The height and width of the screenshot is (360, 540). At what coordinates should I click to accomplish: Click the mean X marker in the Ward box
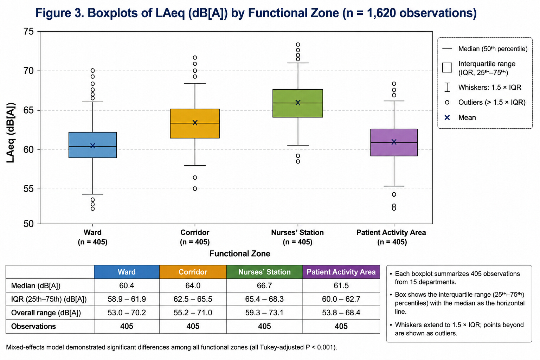(92, 146)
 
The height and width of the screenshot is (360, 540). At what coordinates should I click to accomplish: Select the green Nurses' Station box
(298, 103)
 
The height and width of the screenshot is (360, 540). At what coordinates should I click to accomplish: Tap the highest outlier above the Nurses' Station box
(298, 45)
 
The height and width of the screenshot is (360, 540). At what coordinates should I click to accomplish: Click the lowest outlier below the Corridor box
(195, 188)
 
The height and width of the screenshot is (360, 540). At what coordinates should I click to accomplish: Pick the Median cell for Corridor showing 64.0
(193, 285)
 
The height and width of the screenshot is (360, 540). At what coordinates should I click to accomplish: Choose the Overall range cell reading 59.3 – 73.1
(264, 313)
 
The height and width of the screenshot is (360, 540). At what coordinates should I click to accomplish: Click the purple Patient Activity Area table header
(341, 272)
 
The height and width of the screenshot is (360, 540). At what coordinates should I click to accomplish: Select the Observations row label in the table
(33, 326)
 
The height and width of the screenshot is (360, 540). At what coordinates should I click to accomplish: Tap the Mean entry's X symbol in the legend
(447, 117)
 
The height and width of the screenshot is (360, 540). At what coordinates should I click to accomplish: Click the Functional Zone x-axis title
(240, 253)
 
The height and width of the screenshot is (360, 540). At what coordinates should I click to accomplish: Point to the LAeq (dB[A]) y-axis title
(11, 133)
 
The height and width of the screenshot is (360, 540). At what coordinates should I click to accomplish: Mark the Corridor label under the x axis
(195, 232)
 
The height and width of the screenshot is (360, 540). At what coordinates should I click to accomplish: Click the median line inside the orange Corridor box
(195, 123)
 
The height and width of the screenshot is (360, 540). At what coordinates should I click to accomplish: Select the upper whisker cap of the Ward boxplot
(92, 102)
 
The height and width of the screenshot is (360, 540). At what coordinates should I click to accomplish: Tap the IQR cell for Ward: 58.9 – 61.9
(127, 299)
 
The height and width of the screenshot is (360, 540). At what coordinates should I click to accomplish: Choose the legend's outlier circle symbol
(447, 102)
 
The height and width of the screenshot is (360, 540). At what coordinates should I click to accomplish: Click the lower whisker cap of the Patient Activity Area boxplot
(394, 186)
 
